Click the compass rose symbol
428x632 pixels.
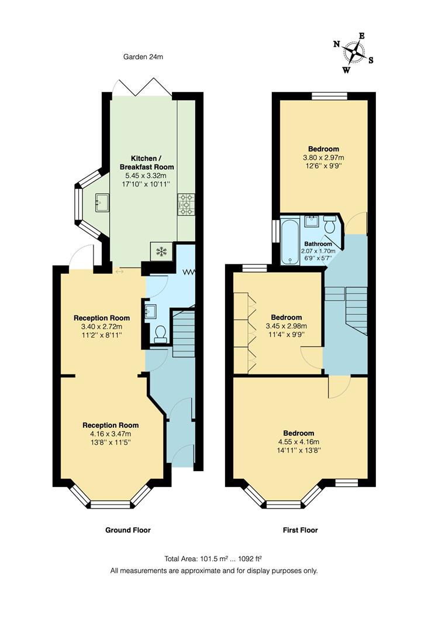click(x=354, y=52)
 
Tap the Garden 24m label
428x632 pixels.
click(x=143, y=57)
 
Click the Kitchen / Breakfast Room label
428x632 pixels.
click(x=144, y=163)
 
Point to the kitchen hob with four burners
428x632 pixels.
click(x=186, y=204)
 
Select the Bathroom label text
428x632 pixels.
click(x=318, y=244)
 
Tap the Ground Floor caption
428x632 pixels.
click(x=128, y=530)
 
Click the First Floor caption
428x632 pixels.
click(x=300, y=530)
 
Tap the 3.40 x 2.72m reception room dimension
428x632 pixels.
click(x=102, y=327)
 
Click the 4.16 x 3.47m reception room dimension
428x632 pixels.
click(x=111, y=434)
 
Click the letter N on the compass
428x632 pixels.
click(x=337, y=44)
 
